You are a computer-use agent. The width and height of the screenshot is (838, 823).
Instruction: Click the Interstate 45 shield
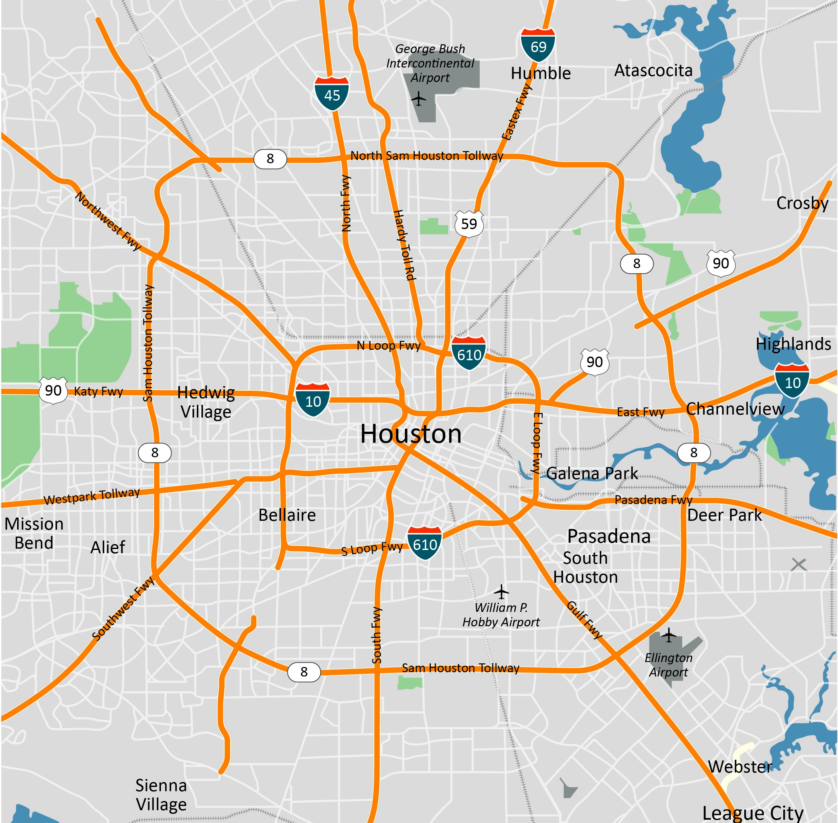332,93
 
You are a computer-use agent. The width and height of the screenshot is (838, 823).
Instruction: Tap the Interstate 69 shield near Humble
538,45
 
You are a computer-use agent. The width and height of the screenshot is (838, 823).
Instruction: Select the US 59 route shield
469,224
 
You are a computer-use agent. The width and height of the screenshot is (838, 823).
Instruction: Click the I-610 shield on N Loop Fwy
469,353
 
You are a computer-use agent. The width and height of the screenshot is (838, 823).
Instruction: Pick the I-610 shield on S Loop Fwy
425,543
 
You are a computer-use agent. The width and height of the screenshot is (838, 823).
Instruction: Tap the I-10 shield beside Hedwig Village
313,400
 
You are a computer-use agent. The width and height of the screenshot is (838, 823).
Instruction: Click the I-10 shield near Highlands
792,381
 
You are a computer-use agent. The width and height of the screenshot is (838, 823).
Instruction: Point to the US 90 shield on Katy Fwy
53,390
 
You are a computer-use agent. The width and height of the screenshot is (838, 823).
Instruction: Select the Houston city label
411,434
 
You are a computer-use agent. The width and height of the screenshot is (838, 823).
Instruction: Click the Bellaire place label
287,515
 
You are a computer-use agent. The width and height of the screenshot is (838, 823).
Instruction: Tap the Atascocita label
653,70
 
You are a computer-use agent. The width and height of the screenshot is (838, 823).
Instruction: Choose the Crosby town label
802,203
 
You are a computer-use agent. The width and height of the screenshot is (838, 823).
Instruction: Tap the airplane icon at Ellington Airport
668,635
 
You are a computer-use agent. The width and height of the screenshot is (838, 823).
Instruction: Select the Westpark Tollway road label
92,496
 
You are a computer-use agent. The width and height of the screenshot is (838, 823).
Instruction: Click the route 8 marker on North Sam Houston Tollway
270,159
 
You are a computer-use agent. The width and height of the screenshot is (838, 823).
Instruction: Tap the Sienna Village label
161,794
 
